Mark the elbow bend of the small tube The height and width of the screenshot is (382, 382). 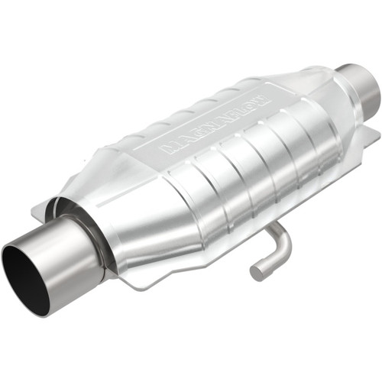coord(283,243)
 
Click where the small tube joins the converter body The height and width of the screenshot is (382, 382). coord(276,228)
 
